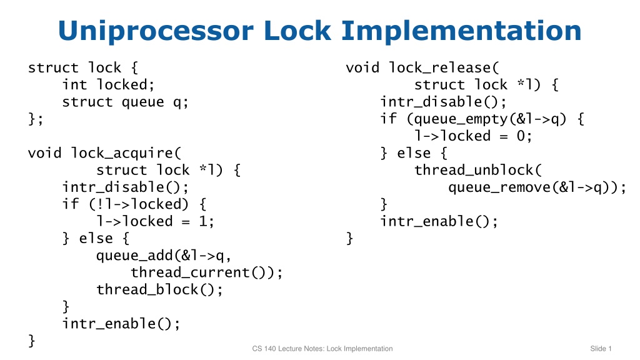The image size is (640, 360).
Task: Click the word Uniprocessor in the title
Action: [156, 31]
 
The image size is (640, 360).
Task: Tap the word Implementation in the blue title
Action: [461, 31]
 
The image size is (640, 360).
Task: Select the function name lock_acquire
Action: [122, 153]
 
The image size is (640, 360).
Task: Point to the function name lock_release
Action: [439, 67]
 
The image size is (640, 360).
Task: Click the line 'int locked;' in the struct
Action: [109, 85]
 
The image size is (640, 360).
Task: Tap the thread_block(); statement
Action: [159, 290]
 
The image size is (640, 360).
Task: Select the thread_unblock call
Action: [474, 170]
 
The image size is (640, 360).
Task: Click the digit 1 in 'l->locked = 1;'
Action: [203, 222]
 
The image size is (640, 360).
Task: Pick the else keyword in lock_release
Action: [414, 153]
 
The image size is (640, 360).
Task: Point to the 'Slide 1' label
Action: [601, 349]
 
